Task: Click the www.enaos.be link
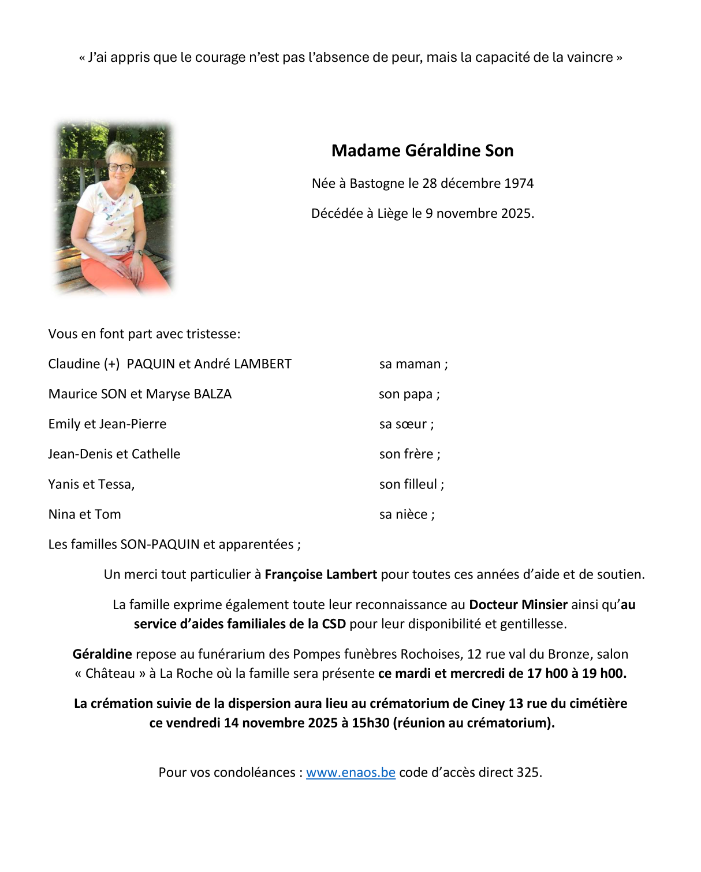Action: pos(350,773)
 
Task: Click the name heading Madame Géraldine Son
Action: pos(422,151)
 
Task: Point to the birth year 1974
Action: pos(519,184)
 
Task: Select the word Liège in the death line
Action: pos(393,214)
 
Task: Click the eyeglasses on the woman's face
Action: pos(121,168)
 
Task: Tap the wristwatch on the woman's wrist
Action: pos(139,253)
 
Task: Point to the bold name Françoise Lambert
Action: pos(320,575)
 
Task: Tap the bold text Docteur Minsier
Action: pos(518,605)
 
